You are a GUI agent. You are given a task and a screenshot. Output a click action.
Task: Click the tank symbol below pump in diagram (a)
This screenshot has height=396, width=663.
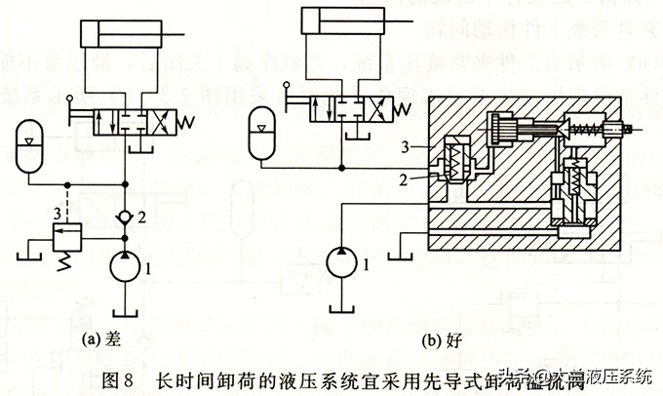[x=124, y=309]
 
